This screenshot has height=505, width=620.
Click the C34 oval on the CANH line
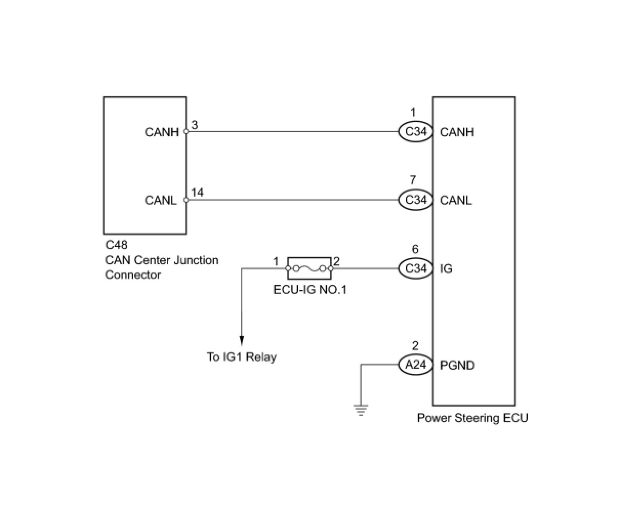[416, 132]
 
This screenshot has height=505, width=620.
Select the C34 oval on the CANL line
[416, 200]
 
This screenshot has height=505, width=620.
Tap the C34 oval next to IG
[416, 268]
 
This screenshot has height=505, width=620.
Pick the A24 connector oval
[416, 365]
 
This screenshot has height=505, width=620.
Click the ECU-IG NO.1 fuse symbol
[309, 267]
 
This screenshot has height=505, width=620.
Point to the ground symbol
[361, 410]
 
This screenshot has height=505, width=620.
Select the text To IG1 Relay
[241, 357]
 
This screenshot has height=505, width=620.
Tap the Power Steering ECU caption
[472, 418]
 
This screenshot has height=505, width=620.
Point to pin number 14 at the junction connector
[197, 192]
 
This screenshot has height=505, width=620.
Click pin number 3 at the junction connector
[195, 124]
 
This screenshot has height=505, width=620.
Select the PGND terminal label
[457, 365]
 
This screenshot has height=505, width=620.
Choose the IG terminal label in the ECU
[446, 268]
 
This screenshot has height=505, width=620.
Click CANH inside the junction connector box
[161, 132]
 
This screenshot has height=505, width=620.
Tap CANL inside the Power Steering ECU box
[456, 200]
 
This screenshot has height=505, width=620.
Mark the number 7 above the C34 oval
[413, 180]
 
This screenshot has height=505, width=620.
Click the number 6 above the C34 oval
[415, 249]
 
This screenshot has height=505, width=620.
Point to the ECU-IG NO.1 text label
[310, 290]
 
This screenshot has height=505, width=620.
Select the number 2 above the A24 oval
[415, 346]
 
